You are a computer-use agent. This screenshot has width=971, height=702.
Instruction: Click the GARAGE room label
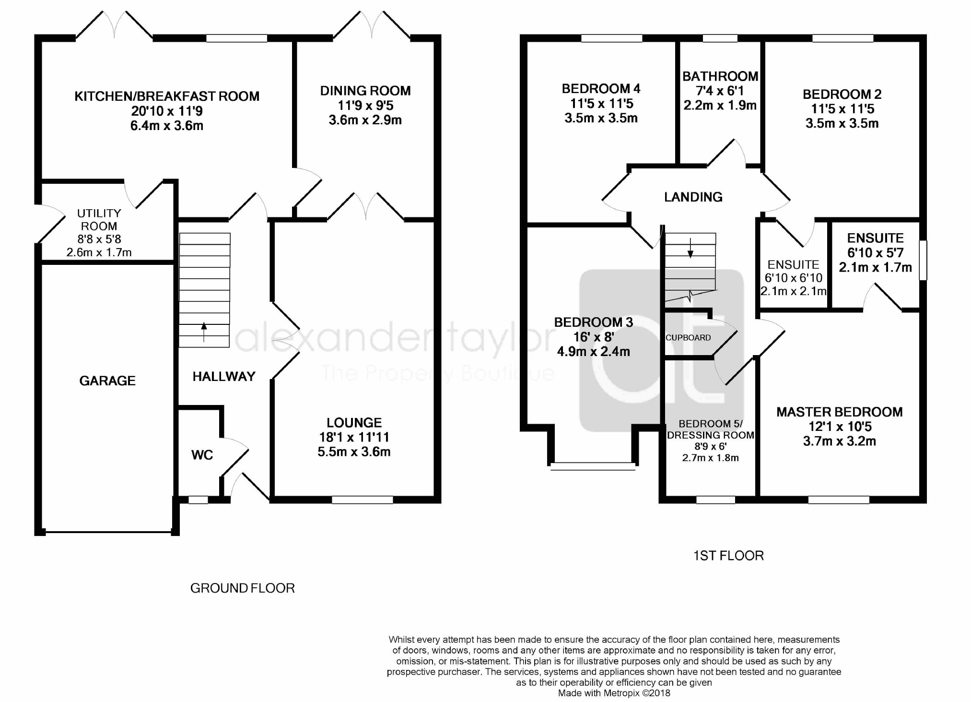tap(107, 381)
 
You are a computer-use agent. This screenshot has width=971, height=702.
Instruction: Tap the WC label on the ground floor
tap(202, 455)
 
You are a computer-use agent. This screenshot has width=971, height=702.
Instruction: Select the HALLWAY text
tap(224, 376)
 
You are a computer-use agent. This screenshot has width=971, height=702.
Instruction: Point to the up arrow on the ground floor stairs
tap(204, 332)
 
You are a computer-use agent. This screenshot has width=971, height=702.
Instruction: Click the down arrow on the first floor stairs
tap(690, 248)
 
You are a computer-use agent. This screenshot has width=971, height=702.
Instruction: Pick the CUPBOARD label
tap(688, 337)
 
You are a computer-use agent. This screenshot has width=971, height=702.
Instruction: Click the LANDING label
tap(693, 197)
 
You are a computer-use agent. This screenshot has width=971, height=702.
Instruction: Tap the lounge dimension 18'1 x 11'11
tap(354, 437)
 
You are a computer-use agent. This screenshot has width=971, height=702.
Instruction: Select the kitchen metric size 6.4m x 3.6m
tap(167, 126)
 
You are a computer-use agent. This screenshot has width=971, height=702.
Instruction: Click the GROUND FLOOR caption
tap(243, 588)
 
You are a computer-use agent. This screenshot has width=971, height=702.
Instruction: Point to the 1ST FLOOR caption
tap(728, 556)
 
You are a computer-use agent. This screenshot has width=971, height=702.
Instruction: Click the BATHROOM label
tap(720, 76)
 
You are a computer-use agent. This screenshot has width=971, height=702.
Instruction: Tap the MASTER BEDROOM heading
tap(840, 412)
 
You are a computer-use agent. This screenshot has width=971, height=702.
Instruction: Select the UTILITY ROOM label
tap(99, 219)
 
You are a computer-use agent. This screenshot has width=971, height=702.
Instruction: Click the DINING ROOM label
tap(365, 91)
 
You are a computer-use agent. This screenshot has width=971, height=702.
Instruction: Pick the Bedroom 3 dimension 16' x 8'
tap(594, 337)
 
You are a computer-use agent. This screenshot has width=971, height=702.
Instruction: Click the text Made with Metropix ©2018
tap(614, 693)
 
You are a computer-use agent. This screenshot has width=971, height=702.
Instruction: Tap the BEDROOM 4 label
tap(601, 89)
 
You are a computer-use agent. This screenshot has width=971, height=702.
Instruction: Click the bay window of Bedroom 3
tap(593, 465)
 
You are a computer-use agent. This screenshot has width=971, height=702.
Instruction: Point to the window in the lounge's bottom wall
tap(363, 500)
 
